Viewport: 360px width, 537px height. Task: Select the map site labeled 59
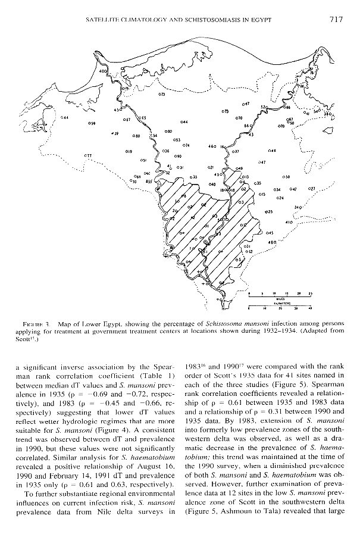[x=91, y=123]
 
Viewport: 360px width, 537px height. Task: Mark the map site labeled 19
[x=129, y=152]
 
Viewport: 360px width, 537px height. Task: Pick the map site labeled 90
[x=177, y=155]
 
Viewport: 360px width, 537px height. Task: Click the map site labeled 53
[x=176, y=139]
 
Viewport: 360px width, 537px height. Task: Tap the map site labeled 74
[x=186, y=145]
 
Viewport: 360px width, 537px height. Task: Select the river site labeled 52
[x=264, y=107]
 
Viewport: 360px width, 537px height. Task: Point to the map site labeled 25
[x=268, y=211]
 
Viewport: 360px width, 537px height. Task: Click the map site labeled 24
[x=280, y=197]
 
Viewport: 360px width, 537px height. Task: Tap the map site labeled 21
[x=210, y=168]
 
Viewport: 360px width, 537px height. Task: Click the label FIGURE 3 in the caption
[x=42, y=323]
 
